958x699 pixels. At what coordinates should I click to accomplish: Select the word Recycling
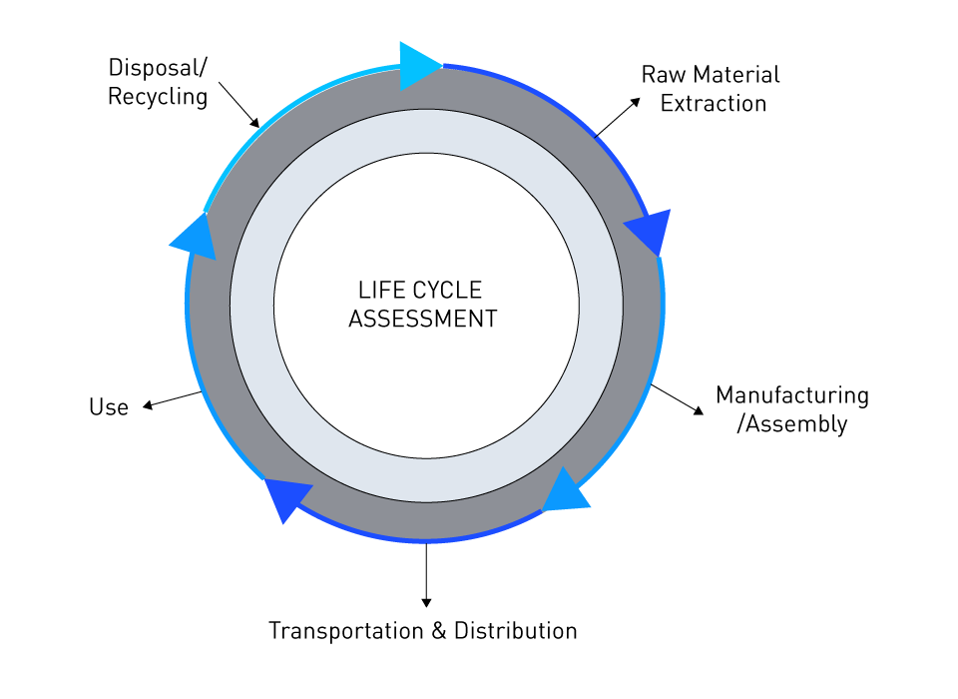tap(158, 97)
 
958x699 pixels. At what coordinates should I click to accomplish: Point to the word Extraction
tap(714, 103)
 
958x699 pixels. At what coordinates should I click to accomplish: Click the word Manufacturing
tap(792, 395)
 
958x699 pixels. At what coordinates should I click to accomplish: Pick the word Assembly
tap(796, 423)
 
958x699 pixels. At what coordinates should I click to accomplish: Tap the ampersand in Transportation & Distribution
tap(438, 631)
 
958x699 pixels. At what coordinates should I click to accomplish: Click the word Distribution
tap(515, 631)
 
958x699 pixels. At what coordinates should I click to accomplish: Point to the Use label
tap(109, 407)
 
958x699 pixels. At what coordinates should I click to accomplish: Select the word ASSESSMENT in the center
tap(422, 320)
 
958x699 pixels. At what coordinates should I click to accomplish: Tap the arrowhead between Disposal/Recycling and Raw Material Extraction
tap(419, 65)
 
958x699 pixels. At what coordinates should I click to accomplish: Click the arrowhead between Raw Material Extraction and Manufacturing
tap(650, 233)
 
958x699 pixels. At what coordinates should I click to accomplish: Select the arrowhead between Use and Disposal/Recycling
tap(196, 238)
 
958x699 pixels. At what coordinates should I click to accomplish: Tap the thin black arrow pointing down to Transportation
tap(426, 574)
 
